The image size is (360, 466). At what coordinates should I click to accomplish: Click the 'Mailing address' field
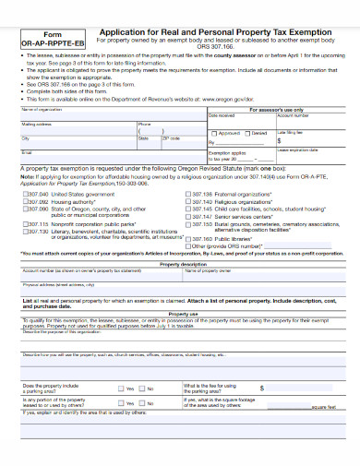[x=74, y=126]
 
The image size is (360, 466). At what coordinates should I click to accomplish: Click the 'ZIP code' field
[x=185, y=142]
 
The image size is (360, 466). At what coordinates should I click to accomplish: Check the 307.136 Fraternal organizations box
[x=188, y=195]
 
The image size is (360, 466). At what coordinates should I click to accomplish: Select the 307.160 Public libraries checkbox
[x=188, y=239]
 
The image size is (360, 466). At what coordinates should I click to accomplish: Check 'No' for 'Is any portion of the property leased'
[x=139, y=403]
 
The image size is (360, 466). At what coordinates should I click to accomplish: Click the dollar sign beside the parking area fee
[x=261, y=388]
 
